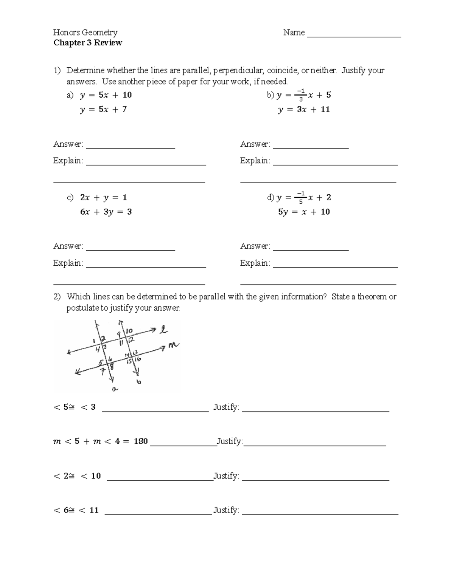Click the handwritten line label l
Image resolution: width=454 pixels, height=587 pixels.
pos(163,330)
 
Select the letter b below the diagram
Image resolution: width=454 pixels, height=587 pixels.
pos(138,382)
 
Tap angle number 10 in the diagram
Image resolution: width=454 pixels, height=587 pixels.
pos(129,331)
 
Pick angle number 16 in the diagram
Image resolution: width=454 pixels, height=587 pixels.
pos(138,359)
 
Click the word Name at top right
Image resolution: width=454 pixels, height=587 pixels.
pos(294,33)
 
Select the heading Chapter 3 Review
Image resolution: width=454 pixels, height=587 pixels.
pos(87,43)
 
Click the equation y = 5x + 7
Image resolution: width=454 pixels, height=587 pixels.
pos(103,110)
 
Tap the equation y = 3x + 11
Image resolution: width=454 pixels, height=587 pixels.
pos(304,110)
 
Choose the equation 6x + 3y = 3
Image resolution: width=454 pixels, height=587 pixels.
pos(106,212)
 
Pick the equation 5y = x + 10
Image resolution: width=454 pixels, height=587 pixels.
pos(304,212)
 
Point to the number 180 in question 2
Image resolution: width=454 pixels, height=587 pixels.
pos(140,441)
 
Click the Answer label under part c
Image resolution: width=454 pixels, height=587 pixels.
pos(68,246)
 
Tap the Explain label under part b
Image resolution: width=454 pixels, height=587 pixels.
pos(255,161)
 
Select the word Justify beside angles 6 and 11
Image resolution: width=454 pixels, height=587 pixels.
pos(226,510)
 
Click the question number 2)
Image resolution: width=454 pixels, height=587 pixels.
pos(57,297)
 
